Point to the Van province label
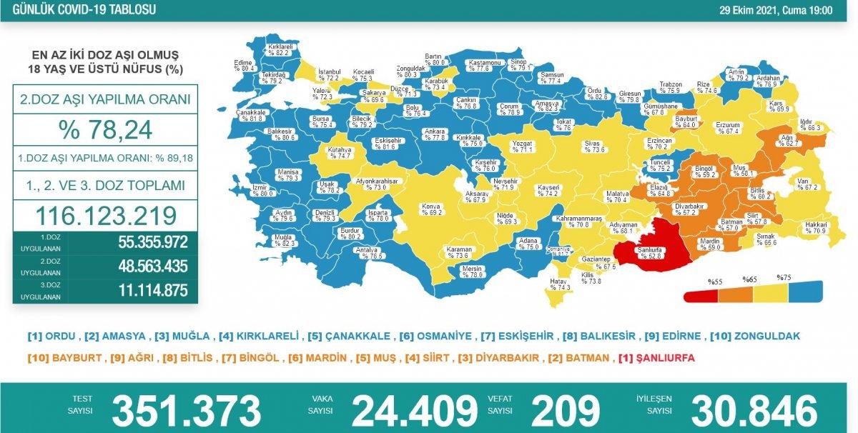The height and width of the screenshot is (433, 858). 803,184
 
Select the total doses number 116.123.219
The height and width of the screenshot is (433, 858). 105,214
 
